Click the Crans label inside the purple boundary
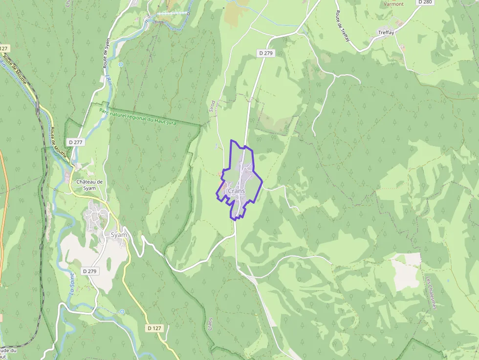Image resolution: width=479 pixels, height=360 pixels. point(237,191)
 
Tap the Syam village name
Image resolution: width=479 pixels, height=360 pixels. point(119,234)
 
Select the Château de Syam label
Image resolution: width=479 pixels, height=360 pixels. point(89,185)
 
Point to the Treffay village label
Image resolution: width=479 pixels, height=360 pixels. point(386,33)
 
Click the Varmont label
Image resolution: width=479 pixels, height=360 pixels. point(393,4)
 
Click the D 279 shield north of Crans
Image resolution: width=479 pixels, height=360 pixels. point(265,53)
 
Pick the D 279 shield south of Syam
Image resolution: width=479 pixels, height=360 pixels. point(90,271)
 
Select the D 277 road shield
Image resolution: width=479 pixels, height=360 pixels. point(77,142)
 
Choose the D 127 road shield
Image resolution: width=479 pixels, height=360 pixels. point(154,328)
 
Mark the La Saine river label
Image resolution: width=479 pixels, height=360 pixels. point(72,285)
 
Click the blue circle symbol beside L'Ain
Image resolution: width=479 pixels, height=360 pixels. point(121,64)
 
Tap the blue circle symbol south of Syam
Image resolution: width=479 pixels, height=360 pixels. point(122,311)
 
